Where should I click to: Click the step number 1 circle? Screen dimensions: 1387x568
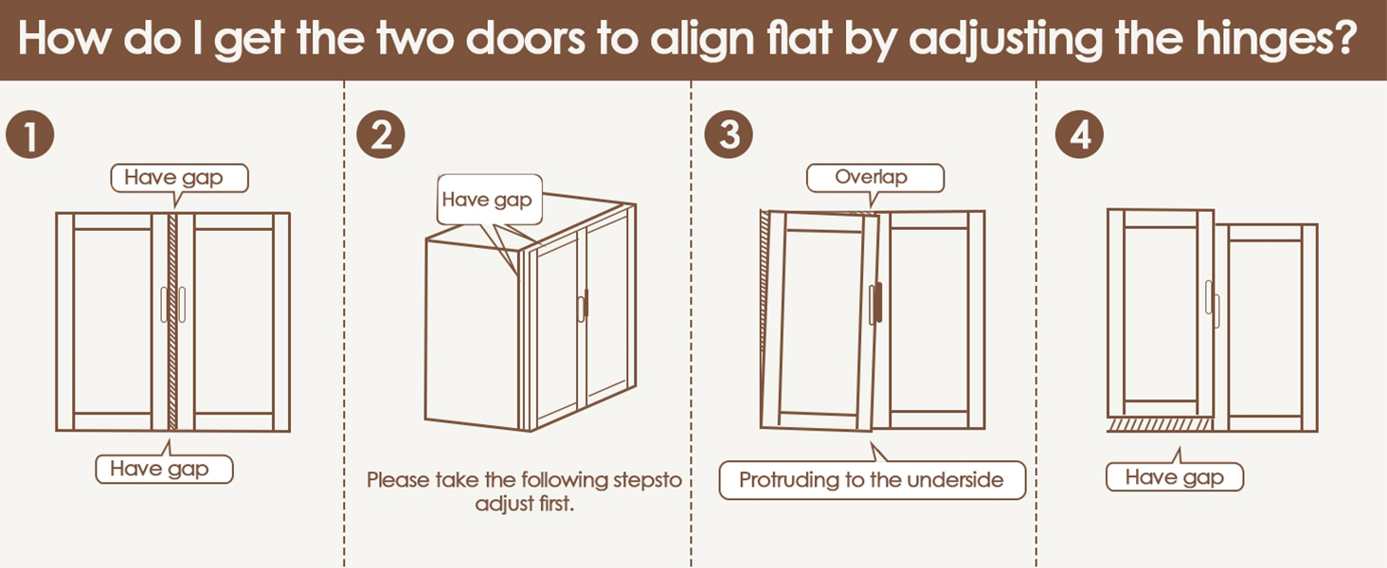pos(29,137)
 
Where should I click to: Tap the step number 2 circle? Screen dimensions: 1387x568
pos(380,137)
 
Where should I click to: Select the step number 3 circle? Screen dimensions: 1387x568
pos(730,137)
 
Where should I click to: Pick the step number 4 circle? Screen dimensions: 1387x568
pos(1079,137)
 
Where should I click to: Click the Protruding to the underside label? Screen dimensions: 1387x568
pos(871,480)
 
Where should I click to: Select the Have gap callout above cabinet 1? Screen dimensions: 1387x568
pos(179,177)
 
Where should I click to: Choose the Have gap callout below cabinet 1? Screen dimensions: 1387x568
pos(164,469)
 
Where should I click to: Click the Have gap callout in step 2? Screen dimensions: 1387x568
pos(487,200)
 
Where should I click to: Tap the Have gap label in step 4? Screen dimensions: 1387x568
pos(1174,478)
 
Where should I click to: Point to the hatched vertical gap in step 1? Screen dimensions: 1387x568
pos(172,322)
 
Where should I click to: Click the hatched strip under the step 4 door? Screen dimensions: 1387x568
pos(1161,425)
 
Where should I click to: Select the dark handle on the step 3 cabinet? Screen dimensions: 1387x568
pos(878,304)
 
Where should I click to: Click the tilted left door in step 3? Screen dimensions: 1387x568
pos(821,322)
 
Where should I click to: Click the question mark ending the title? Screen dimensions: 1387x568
pos(1361,41)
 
